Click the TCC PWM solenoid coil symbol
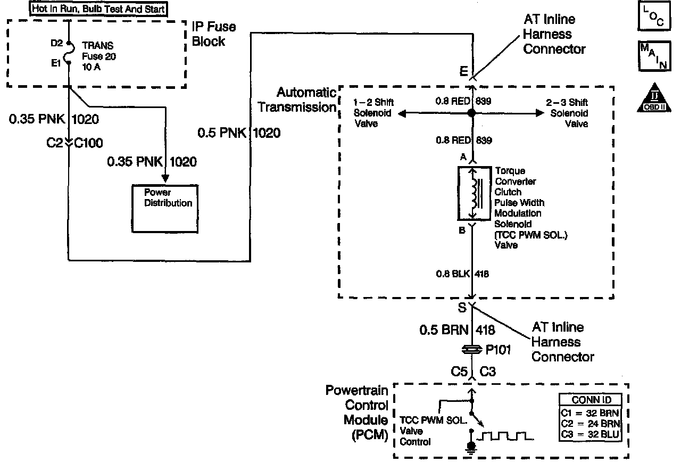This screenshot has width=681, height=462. tap(471, 193)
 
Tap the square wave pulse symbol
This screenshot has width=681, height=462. tap(505, 437)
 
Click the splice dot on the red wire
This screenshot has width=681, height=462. tap(471, 113)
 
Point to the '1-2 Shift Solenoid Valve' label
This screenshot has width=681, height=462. tap(373, 113)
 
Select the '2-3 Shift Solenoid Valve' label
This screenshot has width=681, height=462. tap(568, 113)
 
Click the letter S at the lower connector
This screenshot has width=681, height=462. tap(462, 307)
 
